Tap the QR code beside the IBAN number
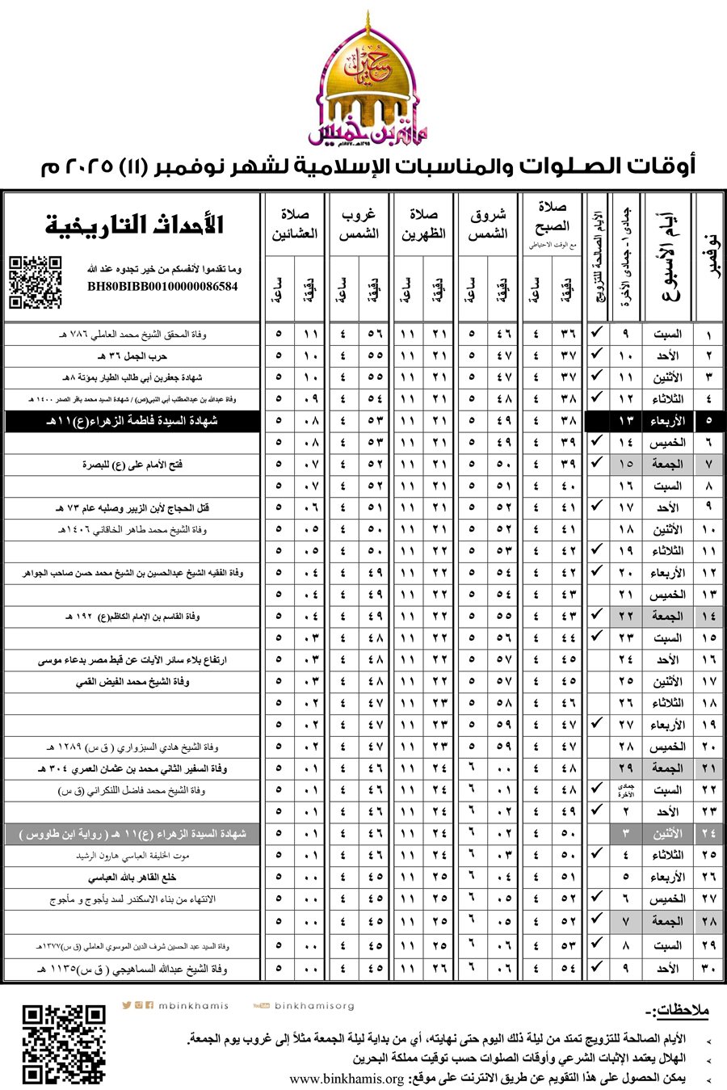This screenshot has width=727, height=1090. pyautogui.click(x=35, y=282)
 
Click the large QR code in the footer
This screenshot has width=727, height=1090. pyautogui.click(x=64, y=1044)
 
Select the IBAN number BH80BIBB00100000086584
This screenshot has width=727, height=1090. pyautogui.click(x=162, y=286)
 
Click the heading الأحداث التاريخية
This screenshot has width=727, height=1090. pyautogui.click(x=134, y=225)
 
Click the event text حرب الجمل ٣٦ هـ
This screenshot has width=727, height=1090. pyautogui.click(x=132, y=356)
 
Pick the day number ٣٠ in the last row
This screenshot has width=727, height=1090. pyautogui.click(x=708, y=967)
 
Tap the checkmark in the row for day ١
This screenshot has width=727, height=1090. pyautogui.click(x=597, y=333)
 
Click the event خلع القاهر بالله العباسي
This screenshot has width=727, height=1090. pyautogui.click(x=132, y=877)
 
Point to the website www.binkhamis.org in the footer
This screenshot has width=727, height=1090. pyautogui.click(x=347, y=1079)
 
